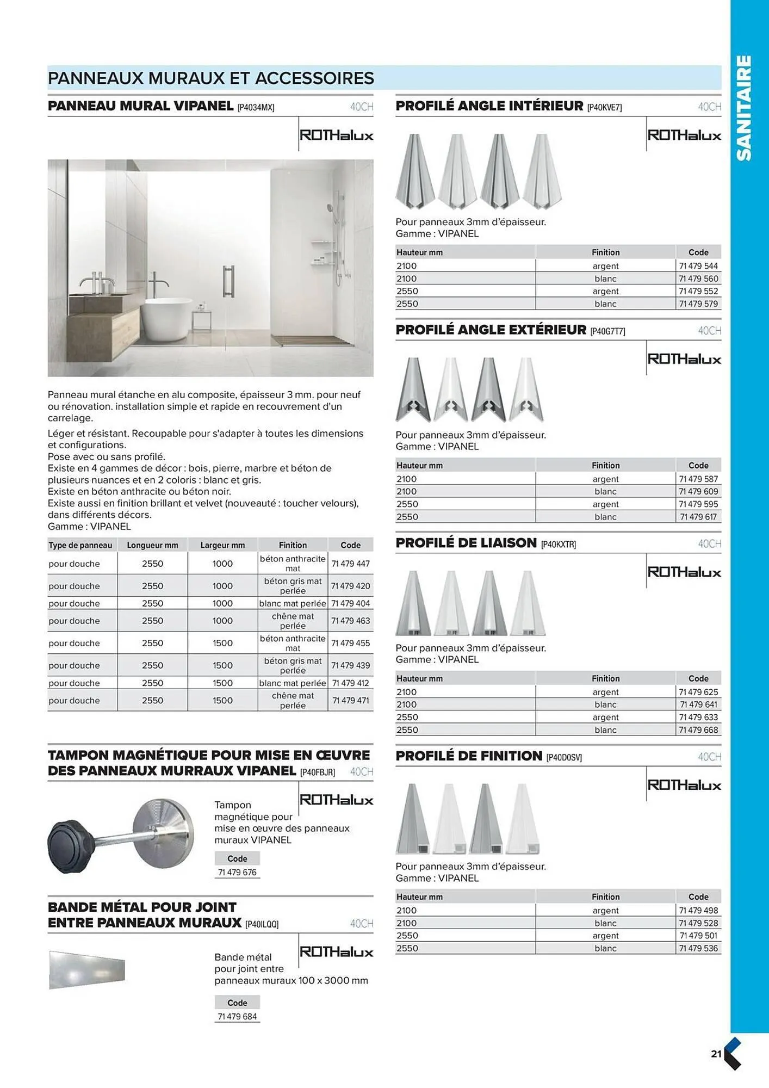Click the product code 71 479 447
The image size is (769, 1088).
pos(350,564)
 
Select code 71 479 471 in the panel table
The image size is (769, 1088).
pos(350,701)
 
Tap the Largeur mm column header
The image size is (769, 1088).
pos(222,545)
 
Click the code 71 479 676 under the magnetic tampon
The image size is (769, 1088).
pos(237,873)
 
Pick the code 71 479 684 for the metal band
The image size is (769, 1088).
pos(237,1017)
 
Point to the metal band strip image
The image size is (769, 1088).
pos(87,969)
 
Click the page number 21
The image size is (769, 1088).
pos(716,1054)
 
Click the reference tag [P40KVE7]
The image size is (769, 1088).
pos(604,108)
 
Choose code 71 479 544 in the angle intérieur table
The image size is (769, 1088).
pos(698,266)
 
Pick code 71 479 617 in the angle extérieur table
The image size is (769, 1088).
pos(698,517)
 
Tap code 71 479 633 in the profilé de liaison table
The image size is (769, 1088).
pos(698,717)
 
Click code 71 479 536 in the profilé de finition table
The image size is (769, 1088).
pos(698,948)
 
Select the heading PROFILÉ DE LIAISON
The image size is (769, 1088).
pos(466,543)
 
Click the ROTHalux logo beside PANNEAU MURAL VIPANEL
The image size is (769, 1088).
pos(336,135)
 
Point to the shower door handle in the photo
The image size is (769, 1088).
pos(228,281)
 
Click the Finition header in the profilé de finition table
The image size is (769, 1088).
pos(605,897)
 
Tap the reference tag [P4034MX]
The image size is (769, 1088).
pos(256,108)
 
